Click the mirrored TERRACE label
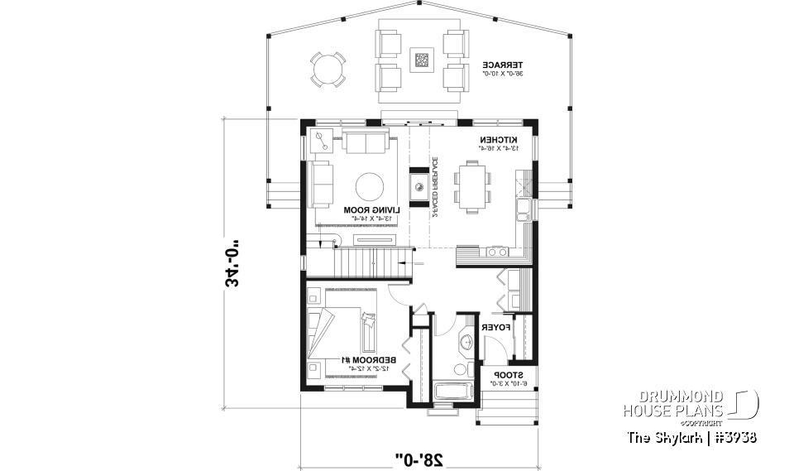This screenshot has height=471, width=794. coord(503,65)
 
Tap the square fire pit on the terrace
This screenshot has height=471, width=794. coord(423,59)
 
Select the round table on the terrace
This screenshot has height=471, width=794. coord(328,69)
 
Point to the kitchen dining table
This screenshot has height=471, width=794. coord(475,188)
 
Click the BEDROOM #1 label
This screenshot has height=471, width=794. coord(370,360)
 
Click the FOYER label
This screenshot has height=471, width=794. coord(495,328)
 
